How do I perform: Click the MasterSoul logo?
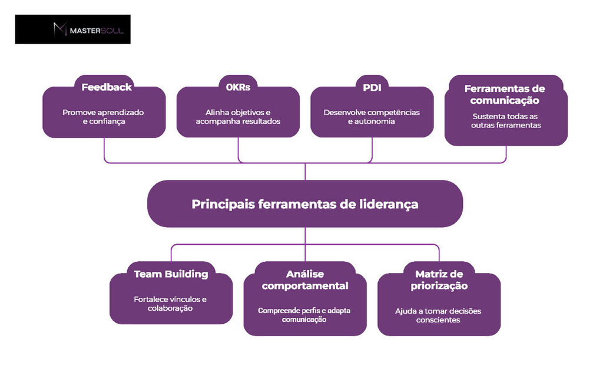tap(73, 29)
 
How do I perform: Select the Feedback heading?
tap(106, 87)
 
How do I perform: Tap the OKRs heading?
tap(238, 87)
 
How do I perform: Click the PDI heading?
tap(372, 87)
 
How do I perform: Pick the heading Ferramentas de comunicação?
tap(505, 94)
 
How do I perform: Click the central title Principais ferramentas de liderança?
tap(305, 204)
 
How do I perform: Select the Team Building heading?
tap(171, 274)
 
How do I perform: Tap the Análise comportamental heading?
tap(305, 280)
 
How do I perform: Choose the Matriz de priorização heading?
tap(439, 280)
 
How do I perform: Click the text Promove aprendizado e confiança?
tap(104, 117)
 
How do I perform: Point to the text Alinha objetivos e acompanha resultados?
tap(238, 117)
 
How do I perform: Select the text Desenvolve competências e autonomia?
tap(372, 117)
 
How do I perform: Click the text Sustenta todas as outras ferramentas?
tap(505, 121)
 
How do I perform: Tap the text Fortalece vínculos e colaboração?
tap(170, 304)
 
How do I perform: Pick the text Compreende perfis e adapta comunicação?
tap(304, 315)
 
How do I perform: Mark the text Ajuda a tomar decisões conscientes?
tap(438, 315)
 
